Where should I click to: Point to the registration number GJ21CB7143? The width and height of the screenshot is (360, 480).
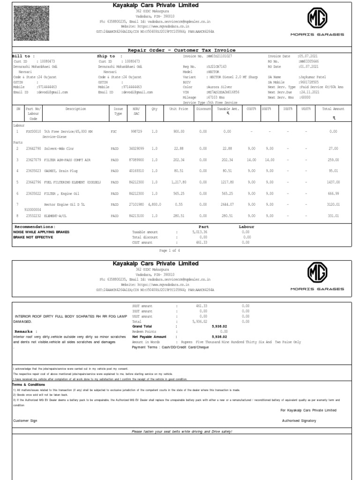pyautogui.click(x=217, y=67)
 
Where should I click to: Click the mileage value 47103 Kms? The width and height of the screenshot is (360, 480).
pyautogui.click(x=216, y=97)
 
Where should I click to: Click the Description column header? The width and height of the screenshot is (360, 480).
pyautogui.click(x=75, y=109)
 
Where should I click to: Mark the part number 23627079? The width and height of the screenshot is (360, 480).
pyautogui.click(x=33, y=159)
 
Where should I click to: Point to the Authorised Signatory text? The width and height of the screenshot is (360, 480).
pyautogui.click(x=299, y=420)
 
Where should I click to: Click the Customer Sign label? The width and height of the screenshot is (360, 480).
pyautogui.click(x=25, y=420)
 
